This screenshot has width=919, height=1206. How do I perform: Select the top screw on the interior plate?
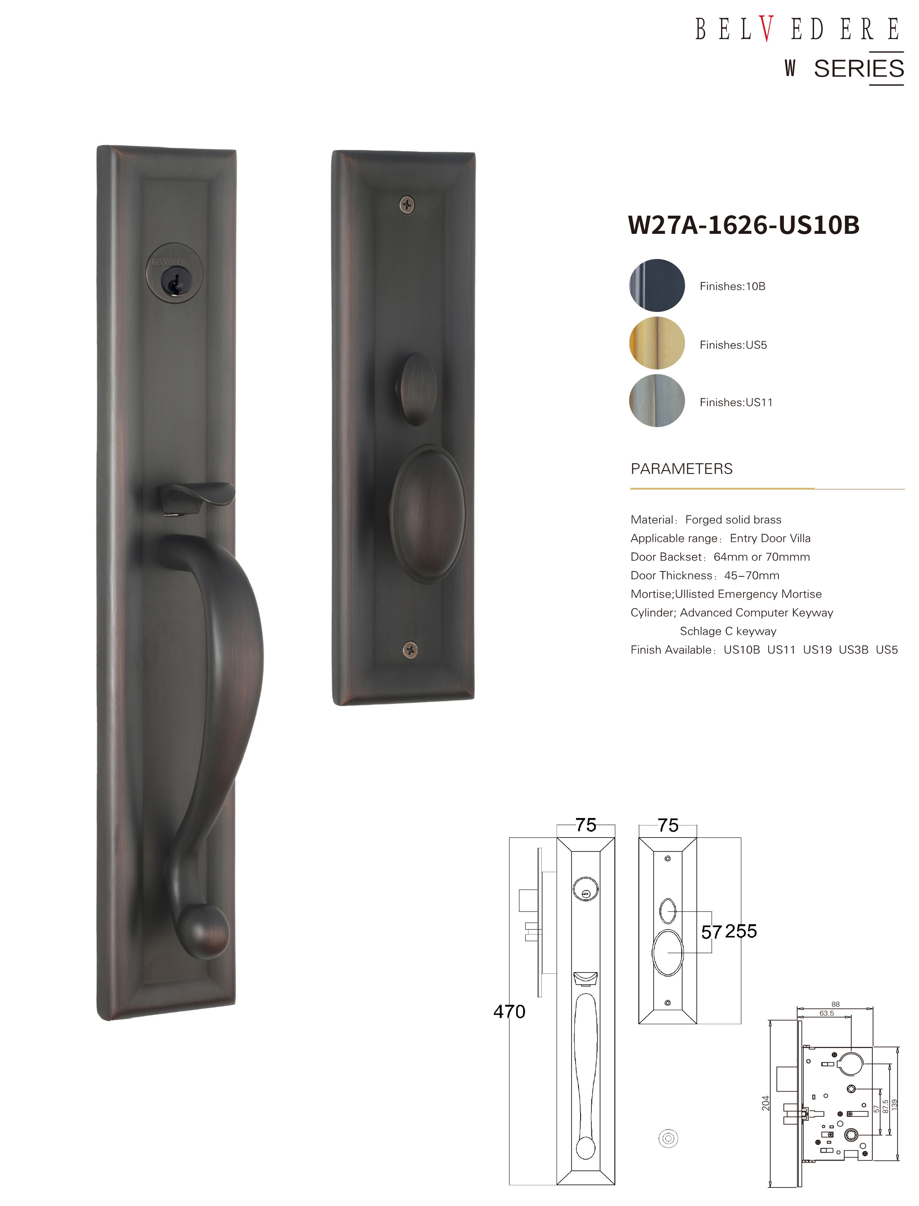pyautogui.click(x=407, y=205)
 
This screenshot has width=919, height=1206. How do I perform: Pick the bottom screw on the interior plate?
pyautogui.click(x=410, y=650)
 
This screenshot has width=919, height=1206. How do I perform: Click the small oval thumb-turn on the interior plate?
pyautogui.click(x=417, y=389)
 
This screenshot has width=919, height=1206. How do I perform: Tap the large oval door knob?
pyautogui.click(x=428, y=514)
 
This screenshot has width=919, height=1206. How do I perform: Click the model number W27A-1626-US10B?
pyautogui.click(x=744, y=225)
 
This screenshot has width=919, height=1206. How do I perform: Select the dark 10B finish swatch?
pyautogui.click(x=657, y=285)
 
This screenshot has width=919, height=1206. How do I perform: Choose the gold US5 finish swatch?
pyautogui.click(x=657, y=343)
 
